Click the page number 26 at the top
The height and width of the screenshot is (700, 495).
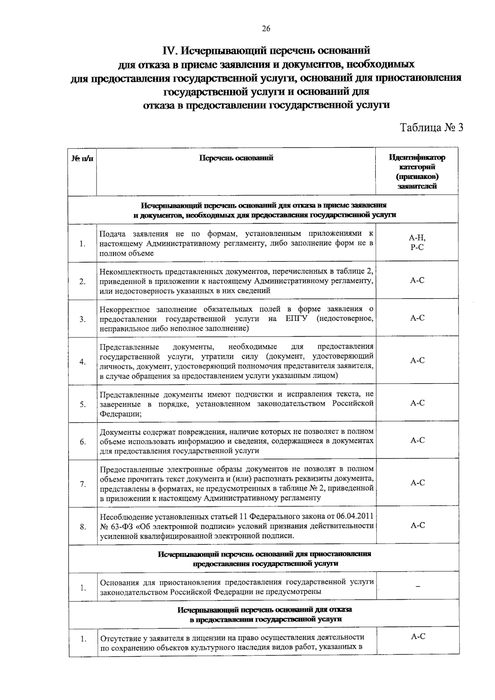(266, 28)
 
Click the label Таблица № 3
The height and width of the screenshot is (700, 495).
(432, 127)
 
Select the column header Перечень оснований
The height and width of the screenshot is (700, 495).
(236, 158)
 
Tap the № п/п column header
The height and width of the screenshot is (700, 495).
(82, 158)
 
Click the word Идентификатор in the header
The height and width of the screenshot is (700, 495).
(417, 158)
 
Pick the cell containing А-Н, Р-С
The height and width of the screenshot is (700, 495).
(417, 242)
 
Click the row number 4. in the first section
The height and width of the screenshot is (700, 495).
(83, 362)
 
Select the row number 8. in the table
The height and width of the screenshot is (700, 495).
(83, 527)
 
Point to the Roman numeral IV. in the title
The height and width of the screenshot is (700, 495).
(170, 51)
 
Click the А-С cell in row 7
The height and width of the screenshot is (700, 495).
(417, 483)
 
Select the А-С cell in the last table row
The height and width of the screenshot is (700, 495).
(418, 636)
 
